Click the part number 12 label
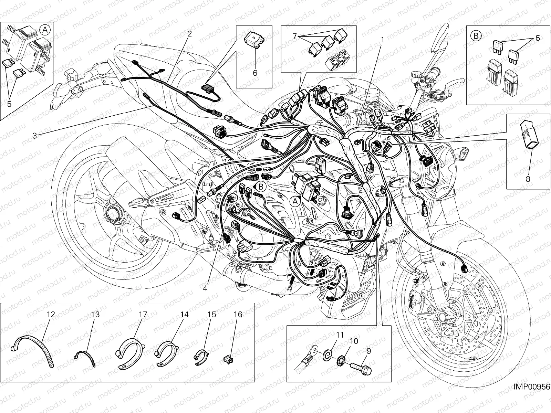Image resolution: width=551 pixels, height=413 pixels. [x=51, y=314]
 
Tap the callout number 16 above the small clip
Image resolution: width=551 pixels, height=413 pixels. [x=238, y=314]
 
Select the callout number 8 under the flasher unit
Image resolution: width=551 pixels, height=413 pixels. [x=528, y=179]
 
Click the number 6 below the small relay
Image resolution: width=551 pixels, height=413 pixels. [x=255, y=73]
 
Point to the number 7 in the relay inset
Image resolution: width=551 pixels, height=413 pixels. [x=294, y=35]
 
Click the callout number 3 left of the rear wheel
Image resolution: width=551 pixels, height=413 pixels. [x=34, y=135]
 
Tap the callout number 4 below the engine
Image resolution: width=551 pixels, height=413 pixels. [x=205, y=288]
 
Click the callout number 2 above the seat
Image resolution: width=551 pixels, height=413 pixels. [x=189, y=33]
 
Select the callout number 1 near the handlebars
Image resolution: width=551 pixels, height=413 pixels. [x=382, y=40]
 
